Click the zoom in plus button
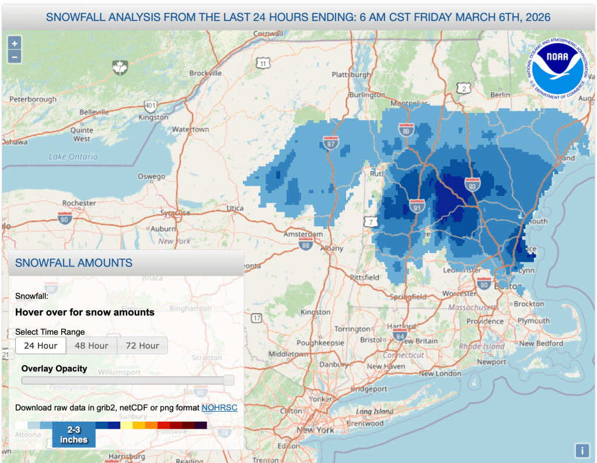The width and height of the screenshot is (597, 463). (15, 43)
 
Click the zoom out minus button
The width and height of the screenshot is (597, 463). (15, 57)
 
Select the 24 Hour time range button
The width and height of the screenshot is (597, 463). (40, 346)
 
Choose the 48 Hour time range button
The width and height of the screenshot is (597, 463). (92, 346)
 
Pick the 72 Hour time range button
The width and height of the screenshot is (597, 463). (142, 346)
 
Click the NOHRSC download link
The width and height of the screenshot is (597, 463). (219, 408)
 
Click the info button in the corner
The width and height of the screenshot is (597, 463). (581, 450)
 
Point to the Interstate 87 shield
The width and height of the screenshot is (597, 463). (330, 142)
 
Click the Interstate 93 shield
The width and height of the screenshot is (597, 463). (472, 184)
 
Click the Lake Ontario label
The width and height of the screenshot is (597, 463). (74, 157)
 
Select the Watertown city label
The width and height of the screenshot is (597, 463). (191, 129)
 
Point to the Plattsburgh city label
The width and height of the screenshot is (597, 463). (351, 75)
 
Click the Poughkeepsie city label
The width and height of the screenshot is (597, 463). (319, 343)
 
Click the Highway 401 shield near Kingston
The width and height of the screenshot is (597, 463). (149, 106)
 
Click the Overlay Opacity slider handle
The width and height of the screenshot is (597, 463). (229, 380)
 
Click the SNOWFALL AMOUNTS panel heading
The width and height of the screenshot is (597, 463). (74, 263)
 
